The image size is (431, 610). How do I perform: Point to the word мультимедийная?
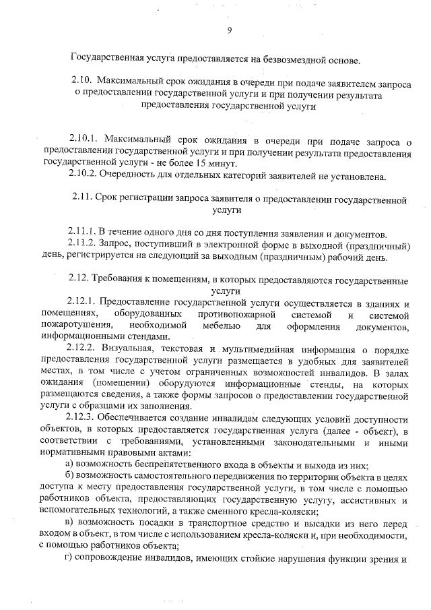(260, 349)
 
